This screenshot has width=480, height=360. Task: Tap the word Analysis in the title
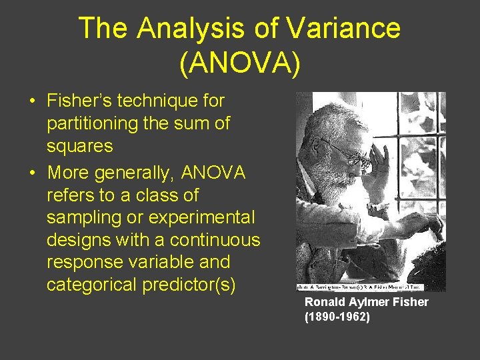point(203,29)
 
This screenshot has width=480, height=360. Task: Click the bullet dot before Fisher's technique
point(32,102)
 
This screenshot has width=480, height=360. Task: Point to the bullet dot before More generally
point(32,174)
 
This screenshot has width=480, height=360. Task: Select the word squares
point(80,146)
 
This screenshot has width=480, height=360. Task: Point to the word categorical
point(91,285)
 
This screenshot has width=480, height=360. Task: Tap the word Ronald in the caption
point(323,303)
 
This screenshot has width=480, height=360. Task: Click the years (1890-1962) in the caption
point(337,317)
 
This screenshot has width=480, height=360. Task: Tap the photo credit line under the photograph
point(371,287)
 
